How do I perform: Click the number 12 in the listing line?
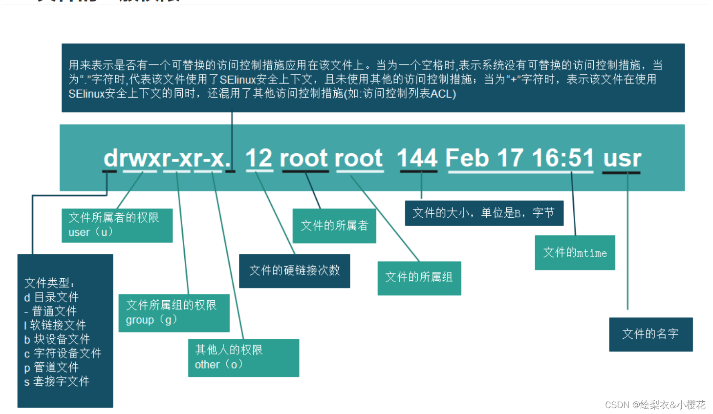(259, 158)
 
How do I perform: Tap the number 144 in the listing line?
(417, 158)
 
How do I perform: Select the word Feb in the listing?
(467, 158)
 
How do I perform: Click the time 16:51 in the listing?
(562, 158)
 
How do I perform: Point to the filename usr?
(622, 158)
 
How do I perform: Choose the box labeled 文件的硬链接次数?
(294, 270)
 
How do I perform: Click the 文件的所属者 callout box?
(334, 226)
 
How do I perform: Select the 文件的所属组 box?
(419, 277)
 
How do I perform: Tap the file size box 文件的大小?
(484, 213)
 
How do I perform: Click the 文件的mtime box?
(575, 252)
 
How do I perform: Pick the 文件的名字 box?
(650, 334)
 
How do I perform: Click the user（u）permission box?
(117, 225)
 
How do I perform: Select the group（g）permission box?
(173, 312)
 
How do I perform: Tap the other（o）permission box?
(243, 357)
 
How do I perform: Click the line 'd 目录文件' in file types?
(51, 297)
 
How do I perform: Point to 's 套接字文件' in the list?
(57, 381)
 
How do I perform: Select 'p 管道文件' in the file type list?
(51, 367)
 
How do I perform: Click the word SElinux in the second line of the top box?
(236, 79)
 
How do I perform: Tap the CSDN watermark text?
(655, 405)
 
